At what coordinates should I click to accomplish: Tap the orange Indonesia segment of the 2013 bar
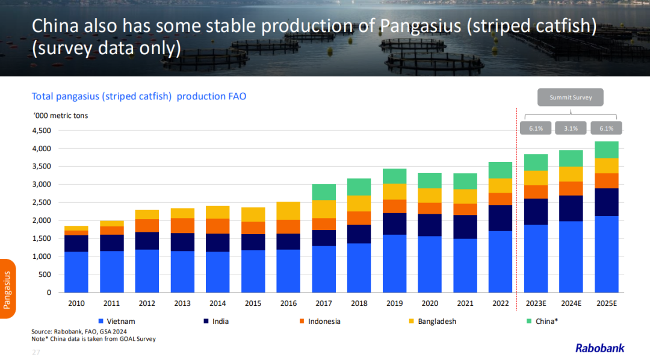(x=183, y=225)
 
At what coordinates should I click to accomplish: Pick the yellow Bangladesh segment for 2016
(x=289, y=211)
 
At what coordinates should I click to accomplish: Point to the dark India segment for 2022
(x=501, y=218)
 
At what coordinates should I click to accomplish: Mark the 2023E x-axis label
(x=536, y=303)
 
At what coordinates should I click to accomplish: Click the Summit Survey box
(x=571, y=98)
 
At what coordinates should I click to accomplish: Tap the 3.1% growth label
(x=571, y=128)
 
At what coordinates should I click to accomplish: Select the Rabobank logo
(x=599, y=348)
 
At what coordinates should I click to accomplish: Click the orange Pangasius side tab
(x=7, y=290)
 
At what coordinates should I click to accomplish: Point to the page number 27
(x=36, y=352)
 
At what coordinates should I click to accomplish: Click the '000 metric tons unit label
(x=60, y=115)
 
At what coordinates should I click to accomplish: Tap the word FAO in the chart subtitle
(x=235, y=96)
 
